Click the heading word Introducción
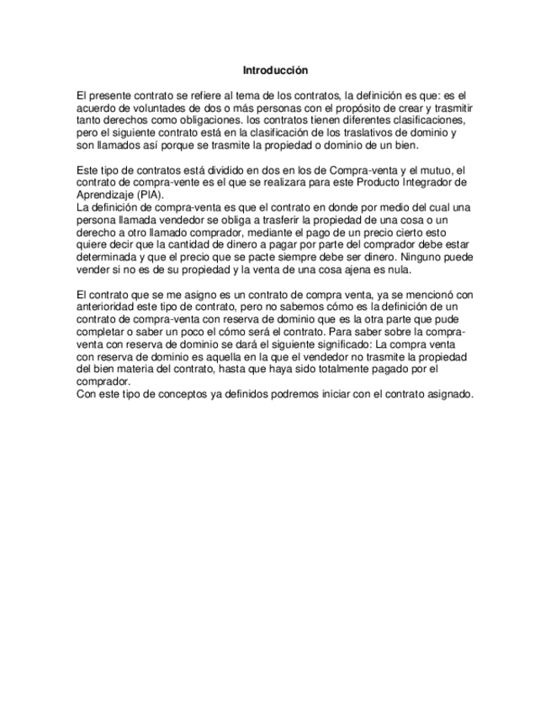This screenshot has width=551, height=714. (x=275, y=70)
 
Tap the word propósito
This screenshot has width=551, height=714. (x=355, y=110)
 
